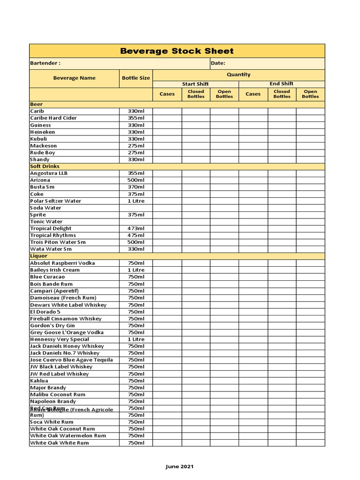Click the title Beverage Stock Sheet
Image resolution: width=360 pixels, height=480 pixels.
[x=177, y=51]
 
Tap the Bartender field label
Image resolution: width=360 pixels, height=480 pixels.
[x=45, y=63]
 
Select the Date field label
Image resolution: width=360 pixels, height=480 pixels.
[x=218, y=63]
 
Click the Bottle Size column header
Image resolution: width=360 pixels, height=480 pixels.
[x=136, y=78]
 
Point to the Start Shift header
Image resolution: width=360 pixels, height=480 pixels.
[x=195, y=84]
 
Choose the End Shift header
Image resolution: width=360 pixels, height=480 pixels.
[x=281, y=84]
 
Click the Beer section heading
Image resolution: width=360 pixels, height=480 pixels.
[x=36, y=104]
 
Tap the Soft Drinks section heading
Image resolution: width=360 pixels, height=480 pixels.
[x=45, y=166]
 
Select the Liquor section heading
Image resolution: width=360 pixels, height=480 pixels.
[x=38, y=256]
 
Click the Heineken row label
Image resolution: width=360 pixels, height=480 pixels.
[x=41, y=132]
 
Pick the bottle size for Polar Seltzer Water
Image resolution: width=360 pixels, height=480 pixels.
[x=136, y=201]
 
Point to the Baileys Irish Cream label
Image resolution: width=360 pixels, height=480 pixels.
[x=55, y=270]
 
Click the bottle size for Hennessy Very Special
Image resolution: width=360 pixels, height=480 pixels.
[x=136, y=339]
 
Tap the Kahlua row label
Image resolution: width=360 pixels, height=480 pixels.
[x=39, y=381]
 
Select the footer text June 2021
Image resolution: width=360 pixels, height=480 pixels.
[x=180, y=466]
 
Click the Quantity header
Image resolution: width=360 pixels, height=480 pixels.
[x=239, y=75]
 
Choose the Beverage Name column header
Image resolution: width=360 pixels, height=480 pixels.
[x=74, y=78]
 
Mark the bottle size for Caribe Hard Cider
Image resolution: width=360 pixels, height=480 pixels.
[x=136, y=118]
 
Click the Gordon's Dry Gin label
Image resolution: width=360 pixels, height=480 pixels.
[x=52, y=325]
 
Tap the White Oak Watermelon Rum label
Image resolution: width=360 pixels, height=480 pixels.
[x=68, y=435]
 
